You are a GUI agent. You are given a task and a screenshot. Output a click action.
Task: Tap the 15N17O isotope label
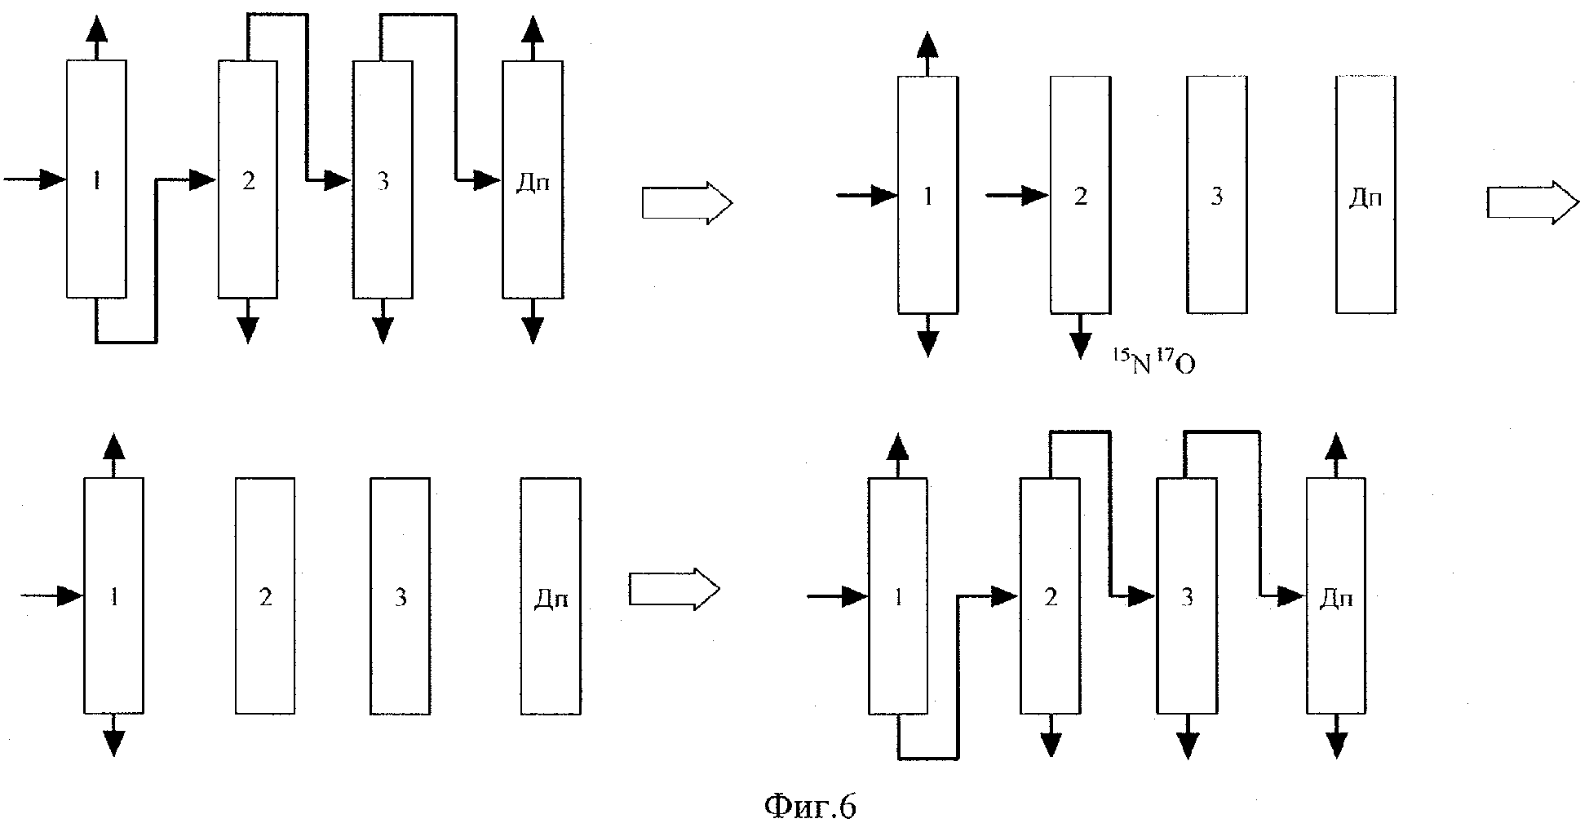1153,361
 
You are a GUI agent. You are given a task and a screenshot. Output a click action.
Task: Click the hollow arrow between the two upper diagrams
687,202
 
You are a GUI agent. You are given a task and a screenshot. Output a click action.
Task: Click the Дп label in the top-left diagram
533,182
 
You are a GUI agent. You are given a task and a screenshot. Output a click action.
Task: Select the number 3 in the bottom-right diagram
1187,598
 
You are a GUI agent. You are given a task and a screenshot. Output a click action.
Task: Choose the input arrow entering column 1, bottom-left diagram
51,596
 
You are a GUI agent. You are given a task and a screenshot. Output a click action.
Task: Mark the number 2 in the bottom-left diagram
265,598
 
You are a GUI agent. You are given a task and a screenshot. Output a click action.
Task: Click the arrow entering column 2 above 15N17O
1017,196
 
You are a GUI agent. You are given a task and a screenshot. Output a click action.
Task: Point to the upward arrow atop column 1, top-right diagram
927,54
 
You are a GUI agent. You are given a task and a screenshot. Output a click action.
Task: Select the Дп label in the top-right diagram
1365,198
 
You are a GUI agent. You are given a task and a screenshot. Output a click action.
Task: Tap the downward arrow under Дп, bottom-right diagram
1336,737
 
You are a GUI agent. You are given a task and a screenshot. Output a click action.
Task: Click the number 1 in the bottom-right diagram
898,598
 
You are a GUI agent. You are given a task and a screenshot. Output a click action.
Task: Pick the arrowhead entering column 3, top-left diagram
339,179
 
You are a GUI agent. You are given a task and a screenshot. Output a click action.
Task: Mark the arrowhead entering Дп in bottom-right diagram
1292,596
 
